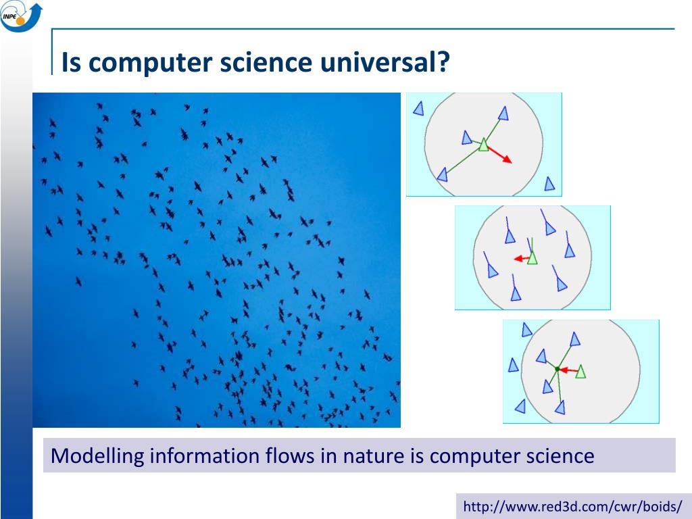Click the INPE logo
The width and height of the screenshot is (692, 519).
[21, 17]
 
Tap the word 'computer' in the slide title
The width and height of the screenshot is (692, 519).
[151, 63]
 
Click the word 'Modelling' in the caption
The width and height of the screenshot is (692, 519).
[97, 456]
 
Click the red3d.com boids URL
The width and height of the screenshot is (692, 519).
[572, 506]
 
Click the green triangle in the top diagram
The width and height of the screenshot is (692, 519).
[484, 145]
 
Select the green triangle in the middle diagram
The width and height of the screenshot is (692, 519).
[533, 257]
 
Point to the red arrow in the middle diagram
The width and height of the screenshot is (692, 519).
[521, 258]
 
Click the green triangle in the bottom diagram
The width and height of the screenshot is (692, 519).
[580, 372]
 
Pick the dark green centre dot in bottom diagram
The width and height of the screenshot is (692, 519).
[558, 369]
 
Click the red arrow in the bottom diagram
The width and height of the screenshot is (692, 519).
[568, 370]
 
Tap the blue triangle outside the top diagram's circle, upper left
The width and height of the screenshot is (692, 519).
[419, 108]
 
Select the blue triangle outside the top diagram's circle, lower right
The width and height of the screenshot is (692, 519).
[549, 184]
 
